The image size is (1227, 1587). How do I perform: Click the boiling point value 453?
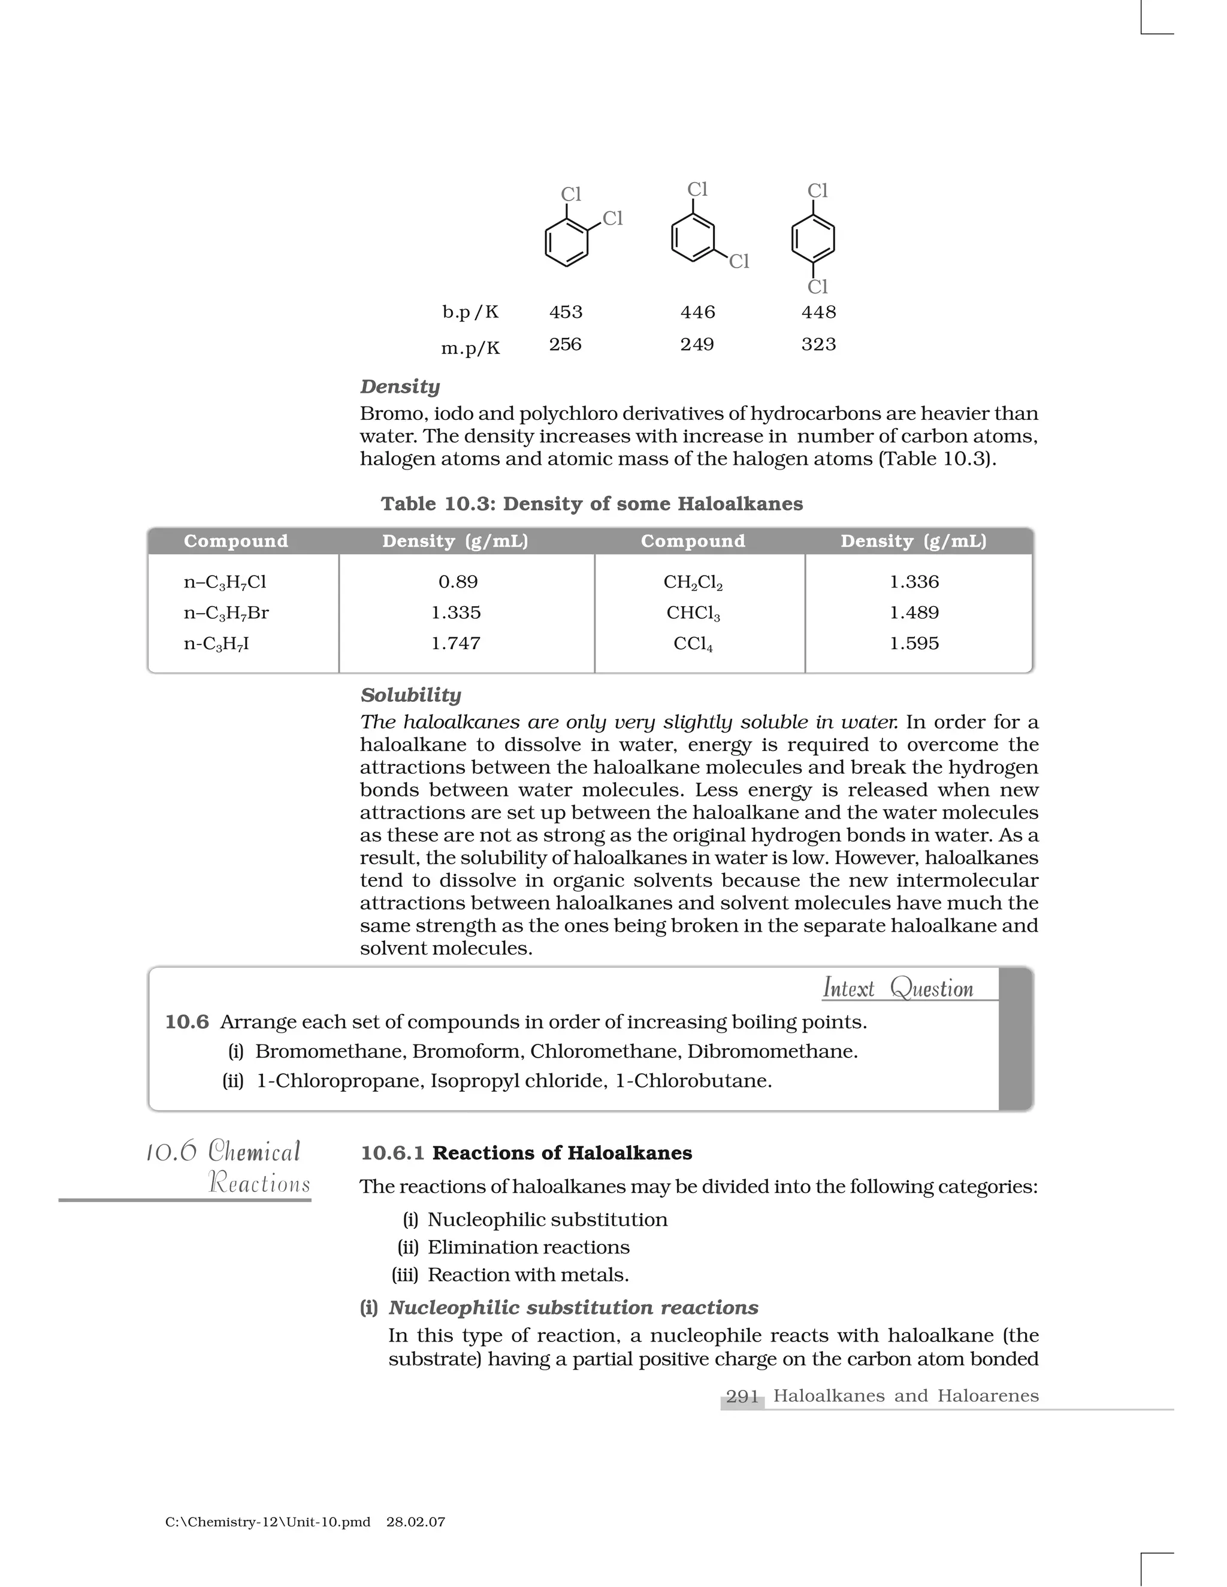566,313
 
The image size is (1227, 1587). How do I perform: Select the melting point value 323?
818,344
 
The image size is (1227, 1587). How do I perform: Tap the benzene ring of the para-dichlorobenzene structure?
812,238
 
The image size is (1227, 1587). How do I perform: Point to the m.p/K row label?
470,349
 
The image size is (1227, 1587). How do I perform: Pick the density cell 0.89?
458,582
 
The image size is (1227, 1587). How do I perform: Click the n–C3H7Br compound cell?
226,613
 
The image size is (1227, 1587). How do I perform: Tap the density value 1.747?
456,644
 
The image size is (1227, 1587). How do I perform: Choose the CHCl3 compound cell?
693,613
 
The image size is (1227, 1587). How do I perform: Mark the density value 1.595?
914,644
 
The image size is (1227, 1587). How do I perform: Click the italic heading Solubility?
410,695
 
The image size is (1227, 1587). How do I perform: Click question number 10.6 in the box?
187,1022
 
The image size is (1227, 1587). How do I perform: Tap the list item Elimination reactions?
528,1247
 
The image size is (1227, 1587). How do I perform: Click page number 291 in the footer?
742,1397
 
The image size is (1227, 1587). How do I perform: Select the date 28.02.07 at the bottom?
416,1522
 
